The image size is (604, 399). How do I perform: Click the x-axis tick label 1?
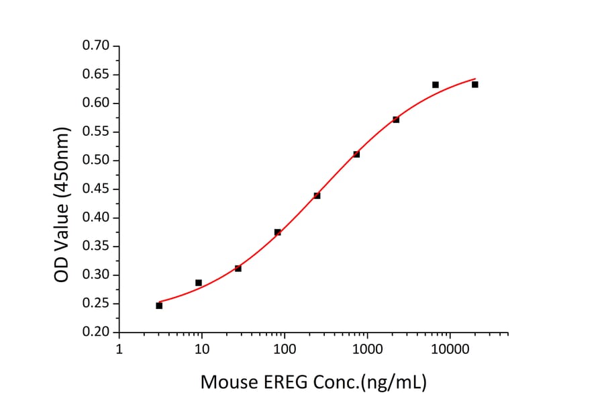(x=119, y=350)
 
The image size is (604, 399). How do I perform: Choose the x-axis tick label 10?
(x=201, y=350)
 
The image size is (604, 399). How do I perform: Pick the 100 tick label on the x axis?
(x=285, y=350)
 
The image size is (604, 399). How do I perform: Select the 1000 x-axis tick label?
(x=367, y=350)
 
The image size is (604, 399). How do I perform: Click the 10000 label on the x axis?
(x=450, y=350)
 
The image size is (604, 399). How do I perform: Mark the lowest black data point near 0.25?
(x=159, y=306)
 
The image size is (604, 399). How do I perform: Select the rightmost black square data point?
(x=475, y=85)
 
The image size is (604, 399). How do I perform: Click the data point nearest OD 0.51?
(x=356, y=154)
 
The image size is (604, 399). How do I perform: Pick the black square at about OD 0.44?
(x=317, y=195)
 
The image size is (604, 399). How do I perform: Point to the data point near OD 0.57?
(x=396, y=120)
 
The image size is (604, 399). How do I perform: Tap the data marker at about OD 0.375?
(x=277, y=232)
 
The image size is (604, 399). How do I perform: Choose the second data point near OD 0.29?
(x=199, y=283)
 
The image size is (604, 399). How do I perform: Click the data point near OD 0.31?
(x=238, y=268)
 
